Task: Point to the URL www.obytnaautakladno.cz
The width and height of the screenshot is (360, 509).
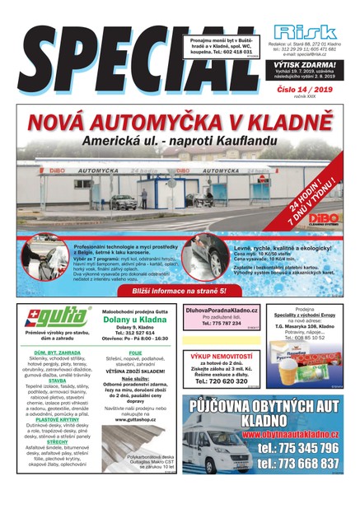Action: [296, 432]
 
